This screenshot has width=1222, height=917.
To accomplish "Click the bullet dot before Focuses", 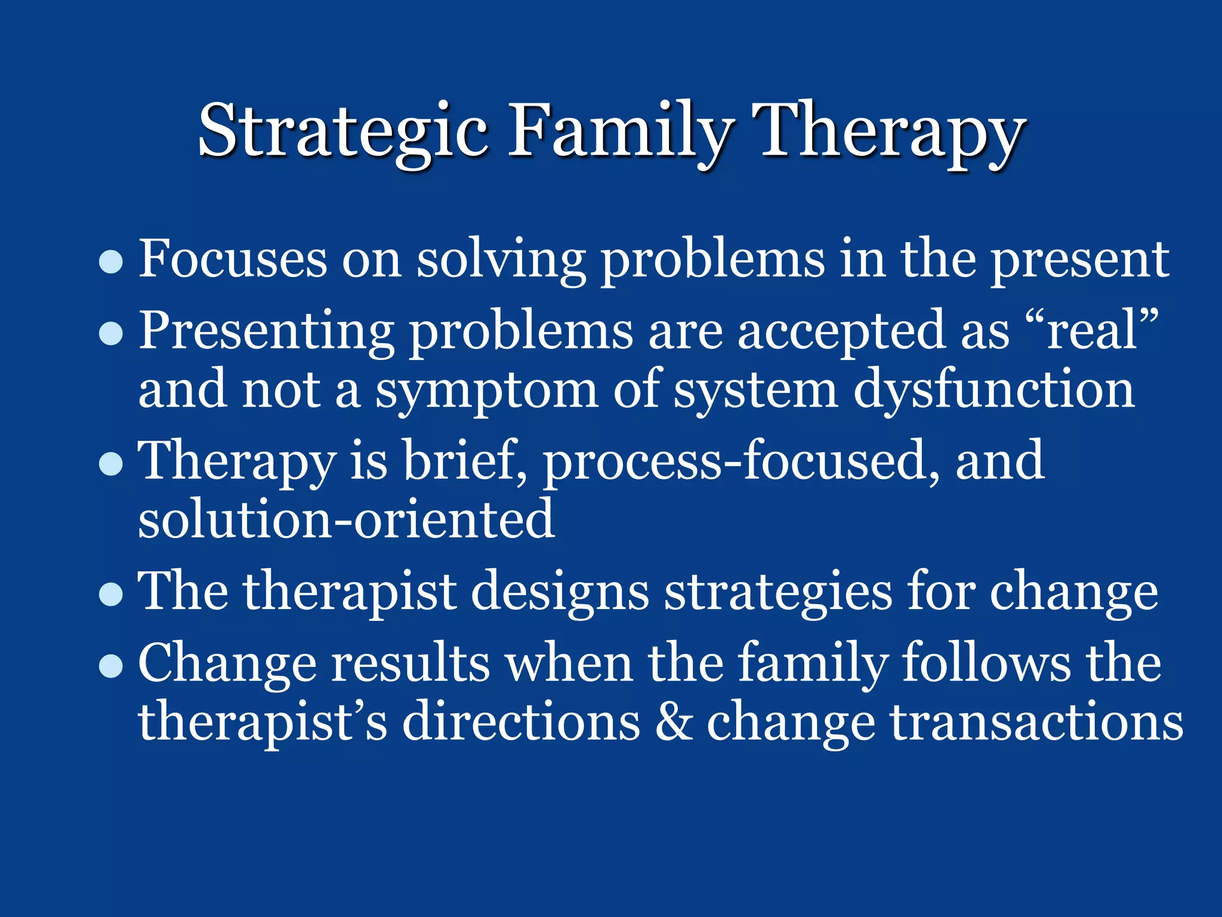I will tap(111, 261).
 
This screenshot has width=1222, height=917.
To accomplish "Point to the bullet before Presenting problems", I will tap(111, 333).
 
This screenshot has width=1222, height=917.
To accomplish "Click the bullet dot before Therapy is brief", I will tap(111, 463).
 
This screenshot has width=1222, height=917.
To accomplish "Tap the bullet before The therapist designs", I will tap(111, 593).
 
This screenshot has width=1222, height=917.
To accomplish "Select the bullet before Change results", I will tap(111, 665).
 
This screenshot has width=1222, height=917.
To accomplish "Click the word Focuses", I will tap(233, 259).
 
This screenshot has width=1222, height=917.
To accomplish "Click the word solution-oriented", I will tap(346, 519).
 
